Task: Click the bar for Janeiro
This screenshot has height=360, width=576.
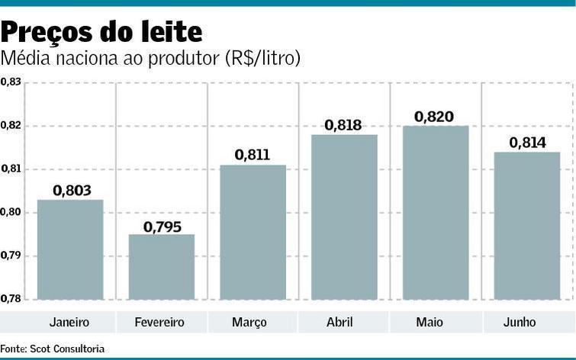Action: [70, 249]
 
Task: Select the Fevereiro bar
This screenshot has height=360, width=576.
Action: [161, 267]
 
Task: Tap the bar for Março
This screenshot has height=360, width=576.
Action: [253, 232]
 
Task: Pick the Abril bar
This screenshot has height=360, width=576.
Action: [344, 217]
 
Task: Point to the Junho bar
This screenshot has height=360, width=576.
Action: [526, 226]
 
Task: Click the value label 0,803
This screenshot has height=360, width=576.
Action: [72, 190]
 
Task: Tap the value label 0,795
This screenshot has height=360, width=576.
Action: [163, 226]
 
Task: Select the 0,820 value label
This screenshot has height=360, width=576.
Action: [434, 117]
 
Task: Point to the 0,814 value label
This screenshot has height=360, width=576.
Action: [525, 142]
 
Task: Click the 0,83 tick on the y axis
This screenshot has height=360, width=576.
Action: [11, 82]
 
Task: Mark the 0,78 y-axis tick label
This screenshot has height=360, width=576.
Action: [11, 298]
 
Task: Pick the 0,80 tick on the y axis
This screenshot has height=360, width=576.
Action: [11, 212]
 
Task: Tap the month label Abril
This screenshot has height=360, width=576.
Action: [339, 323]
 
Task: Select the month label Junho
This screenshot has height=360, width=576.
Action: [520, 323]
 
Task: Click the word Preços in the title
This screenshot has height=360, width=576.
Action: [47, 32]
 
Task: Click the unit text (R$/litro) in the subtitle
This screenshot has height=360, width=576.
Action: [262, 58]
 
